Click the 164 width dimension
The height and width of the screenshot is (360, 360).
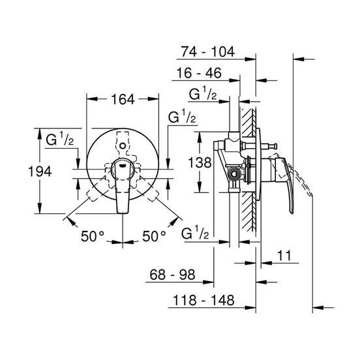pyautogui.click(x=123, y=99)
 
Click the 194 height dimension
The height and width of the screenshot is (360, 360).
pyautogui.click(x=40, y=172)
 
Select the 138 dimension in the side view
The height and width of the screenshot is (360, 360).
pyautogui.click(x=200, y=162)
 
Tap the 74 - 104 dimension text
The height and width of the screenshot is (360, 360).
pyautogui.click(x=208, y=52)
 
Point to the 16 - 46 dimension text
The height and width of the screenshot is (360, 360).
pyautogui.click(x=199, y=73)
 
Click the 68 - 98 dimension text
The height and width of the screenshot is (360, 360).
pyautogui.click(x=172, y=275)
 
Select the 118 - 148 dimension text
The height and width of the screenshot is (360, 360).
pyautogui.click(x=203, y=300)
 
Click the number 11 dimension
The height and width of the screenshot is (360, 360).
pyautogui.click(x=284, y=255)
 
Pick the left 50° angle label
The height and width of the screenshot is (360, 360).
pyautogui.click(x=93, y=236)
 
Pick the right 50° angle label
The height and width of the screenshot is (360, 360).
pyautogui.click(x=154, y=236)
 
